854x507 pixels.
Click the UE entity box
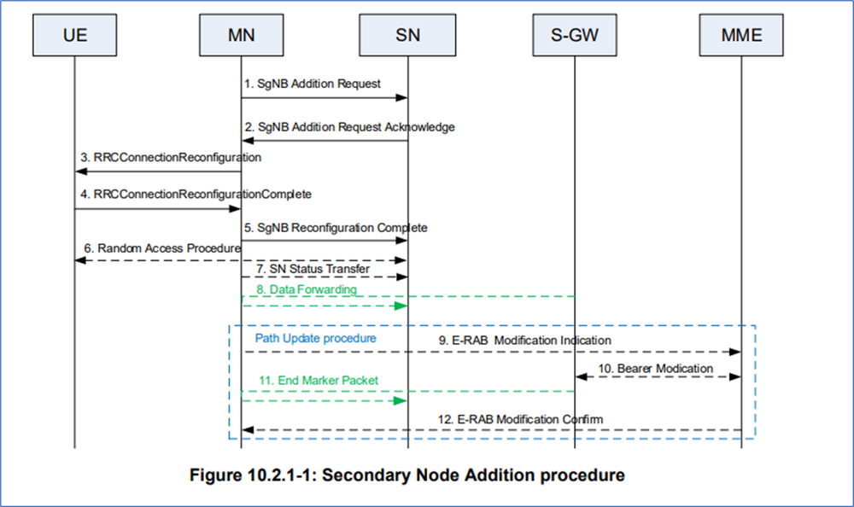click(74, 36)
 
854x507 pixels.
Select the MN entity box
click(240, 36)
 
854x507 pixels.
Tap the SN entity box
click(407, 36)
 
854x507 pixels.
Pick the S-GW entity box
click(574, 36)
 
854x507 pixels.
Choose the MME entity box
click(740, 36)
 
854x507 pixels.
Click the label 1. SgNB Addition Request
click(313, 84)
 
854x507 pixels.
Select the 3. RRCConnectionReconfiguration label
click(172, 158)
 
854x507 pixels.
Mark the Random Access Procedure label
click(163, 248)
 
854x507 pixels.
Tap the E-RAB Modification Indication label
click(525, 340)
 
